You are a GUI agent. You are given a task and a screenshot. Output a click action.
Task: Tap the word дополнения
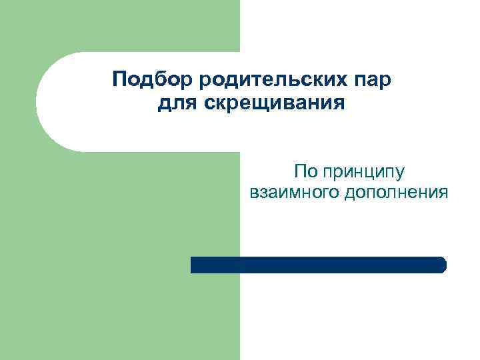396,193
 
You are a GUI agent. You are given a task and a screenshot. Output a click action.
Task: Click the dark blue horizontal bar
318,265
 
